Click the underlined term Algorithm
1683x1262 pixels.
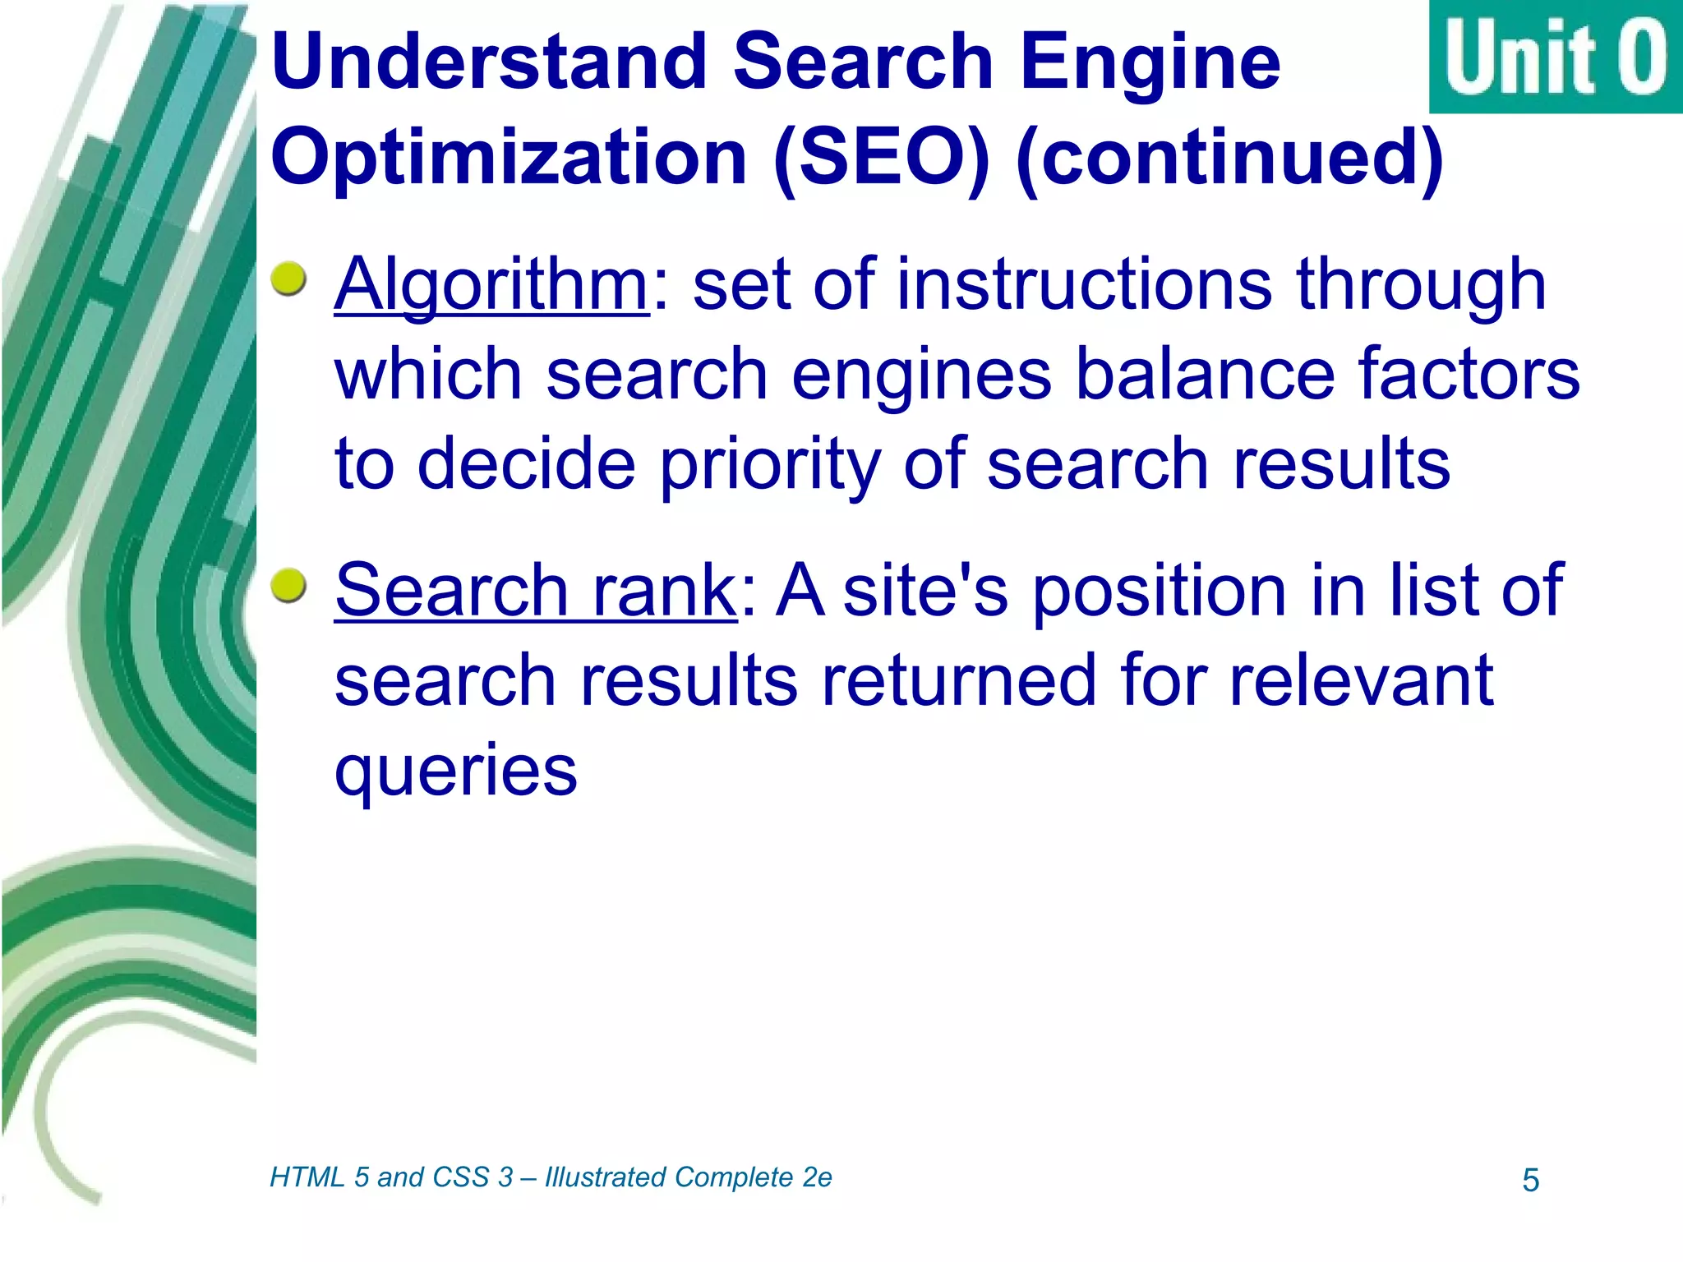coord(491,285)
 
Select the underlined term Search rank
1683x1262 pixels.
coord(536,591)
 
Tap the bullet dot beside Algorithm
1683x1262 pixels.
coord(288,279)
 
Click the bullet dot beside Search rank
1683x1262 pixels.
coord(288,584)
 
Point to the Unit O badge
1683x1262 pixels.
coord(1555,57)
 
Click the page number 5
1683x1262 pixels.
coord(1530,1181)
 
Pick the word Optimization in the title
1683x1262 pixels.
coord(509,158)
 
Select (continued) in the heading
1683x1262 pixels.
coord(1229,158)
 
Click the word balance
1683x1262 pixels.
coord(1205,375)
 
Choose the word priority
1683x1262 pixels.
coord(770,465)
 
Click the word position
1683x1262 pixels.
coord(1160,592)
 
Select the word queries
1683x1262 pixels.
coord(456,772)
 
